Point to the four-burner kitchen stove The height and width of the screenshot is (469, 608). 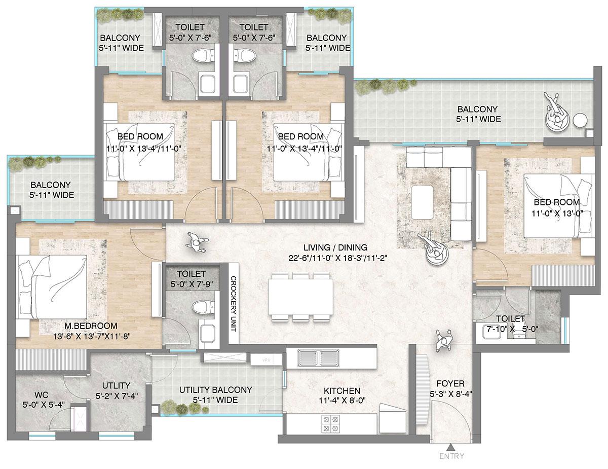(330, 424)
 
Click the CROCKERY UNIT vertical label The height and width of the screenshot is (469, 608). (234, 303)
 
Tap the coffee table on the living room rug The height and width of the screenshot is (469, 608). (422, 201)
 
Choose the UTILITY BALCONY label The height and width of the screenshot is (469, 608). (215, 390)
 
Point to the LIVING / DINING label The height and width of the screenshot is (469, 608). (335, 248)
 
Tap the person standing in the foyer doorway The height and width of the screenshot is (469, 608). (444, 339)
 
